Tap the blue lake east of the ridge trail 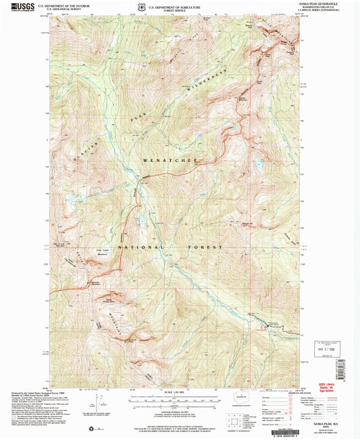click(259, 163)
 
